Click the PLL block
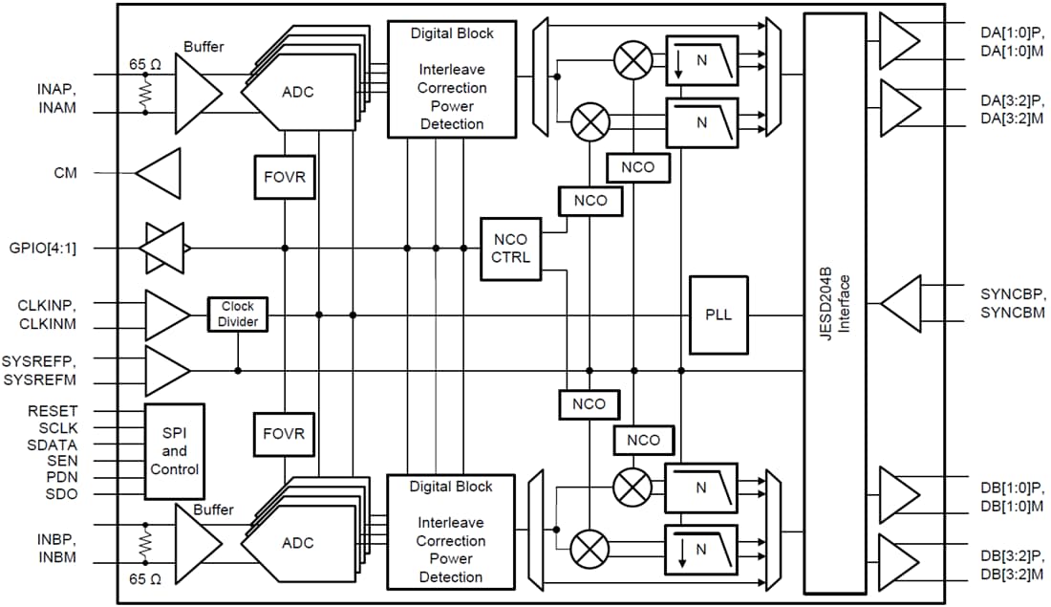(x=719, y=314)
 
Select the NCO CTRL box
(x=510, y=248)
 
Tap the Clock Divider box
(x=238, y=314)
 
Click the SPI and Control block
(x=174, y=451)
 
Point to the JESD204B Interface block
(x=834, y=303)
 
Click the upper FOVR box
(x=284, y=177)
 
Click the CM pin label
(x=66, y=173)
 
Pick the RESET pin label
(x=53, y=411)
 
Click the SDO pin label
(x=62, y=494)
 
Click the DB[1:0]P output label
(x=1012, y=487)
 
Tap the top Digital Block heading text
(x=451, y=33)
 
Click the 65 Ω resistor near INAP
(x=145, y=91)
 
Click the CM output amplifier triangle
(x=160, y=174)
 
